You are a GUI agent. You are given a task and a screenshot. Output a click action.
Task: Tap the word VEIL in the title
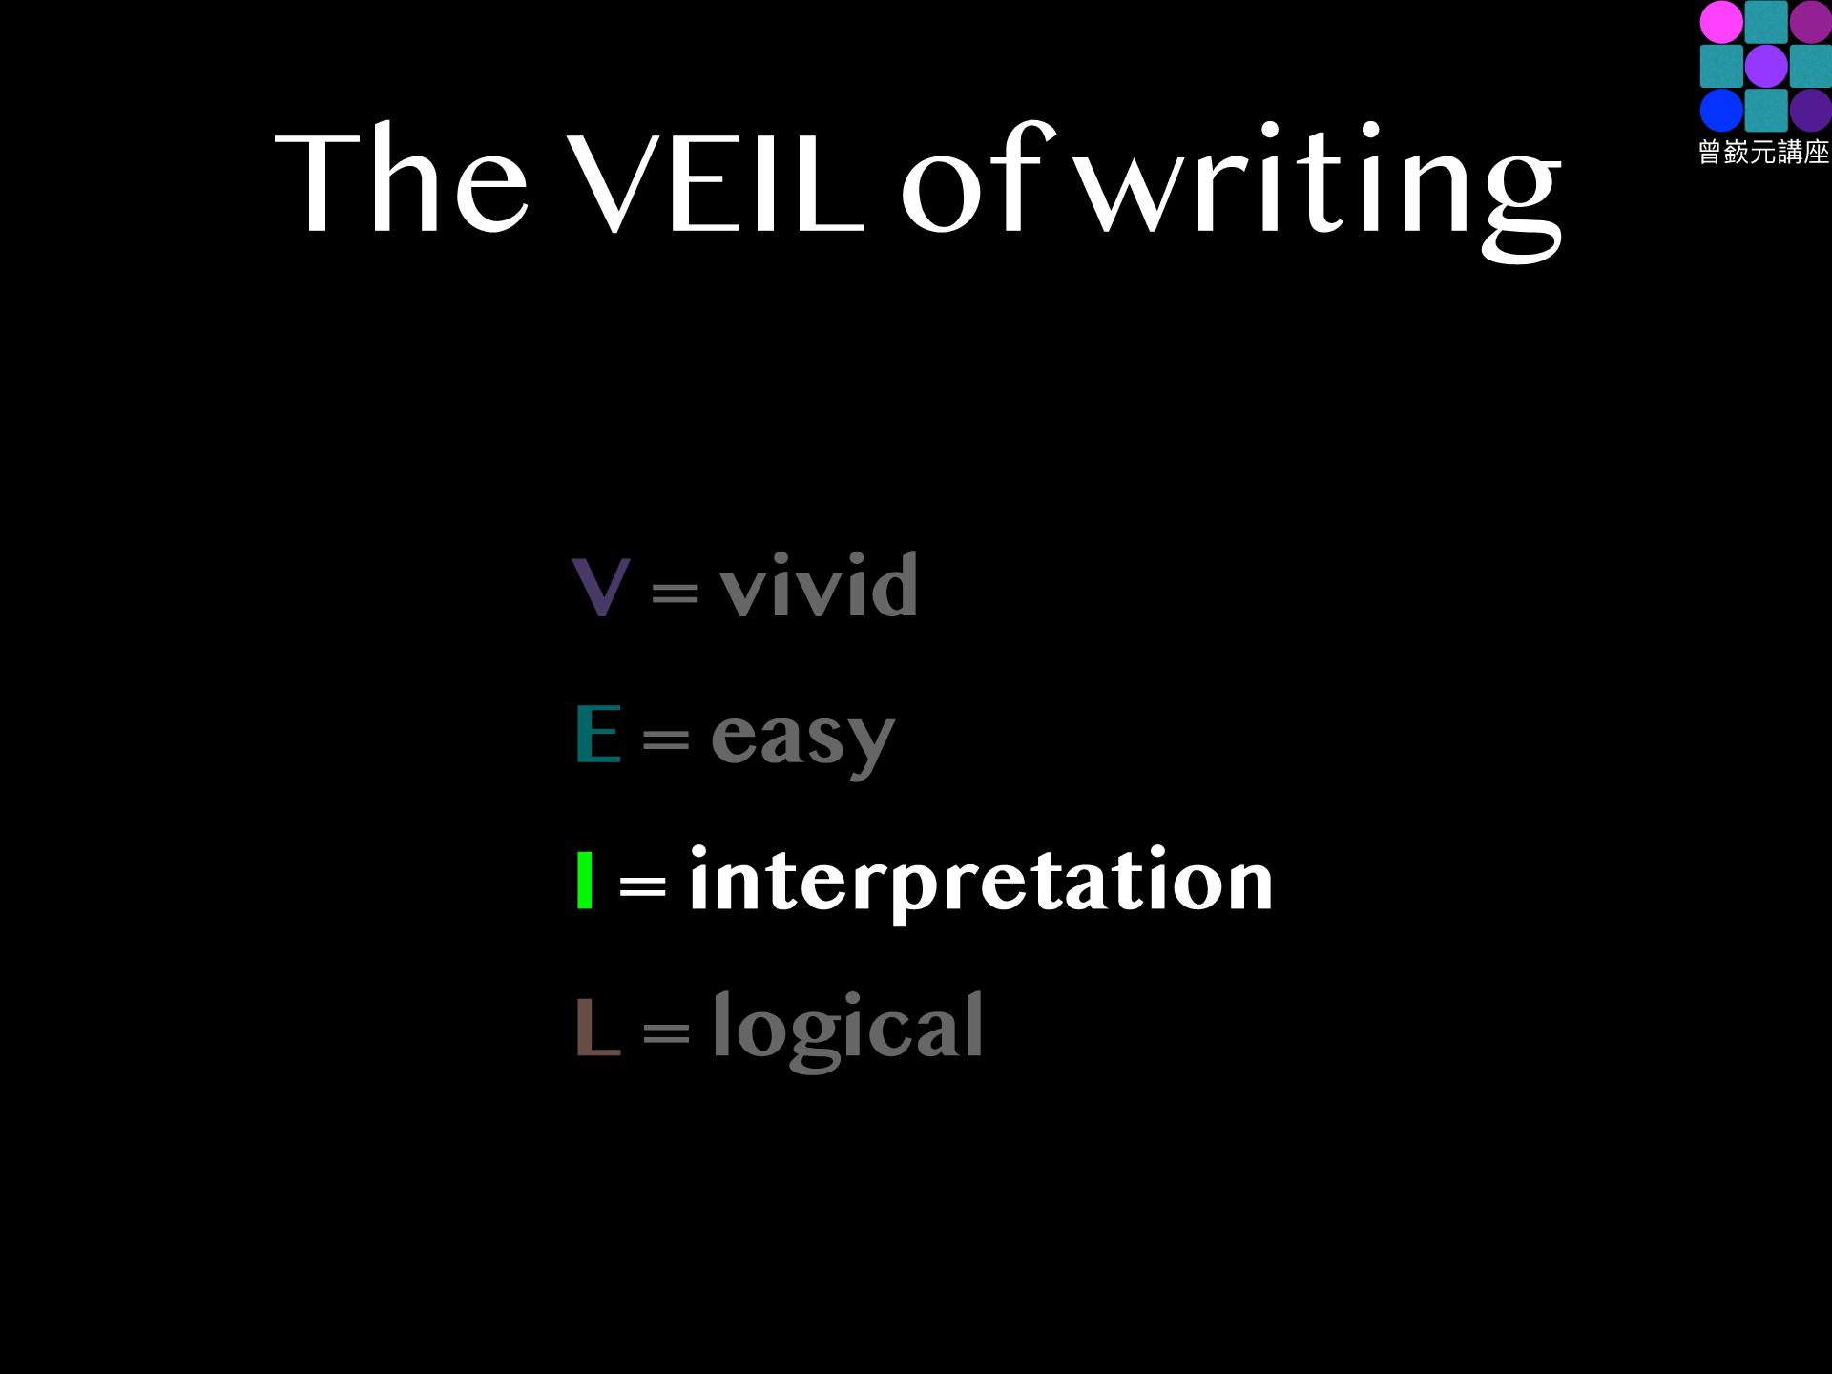[x=716, y=181]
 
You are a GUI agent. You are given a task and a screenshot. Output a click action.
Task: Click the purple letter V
[x=600, y=587]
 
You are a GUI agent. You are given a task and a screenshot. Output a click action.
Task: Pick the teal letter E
[x=598, y=733]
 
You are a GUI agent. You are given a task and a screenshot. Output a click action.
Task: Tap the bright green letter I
[x=585, y=880]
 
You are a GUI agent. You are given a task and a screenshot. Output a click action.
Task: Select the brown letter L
[x=598, y=1027]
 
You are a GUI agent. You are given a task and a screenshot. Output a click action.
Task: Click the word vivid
[x=819, y=584]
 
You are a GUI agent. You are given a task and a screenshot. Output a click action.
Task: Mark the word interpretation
[x=981, y=883]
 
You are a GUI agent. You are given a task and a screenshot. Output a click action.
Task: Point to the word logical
[x=847, y=1030]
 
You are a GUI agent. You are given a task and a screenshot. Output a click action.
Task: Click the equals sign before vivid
[x=675, y=592]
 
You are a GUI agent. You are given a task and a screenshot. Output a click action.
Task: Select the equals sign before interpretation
[x=642, y=885]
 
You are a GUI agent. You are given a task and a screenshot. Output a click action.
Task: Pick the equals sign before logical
[x=665, y=1031]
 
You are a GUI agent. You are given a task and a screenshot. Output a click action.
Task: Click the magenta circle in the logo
[x=1721, y=22]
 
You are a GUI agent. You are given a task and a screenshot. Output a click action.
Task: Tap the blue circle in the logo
[x=1721, y=110]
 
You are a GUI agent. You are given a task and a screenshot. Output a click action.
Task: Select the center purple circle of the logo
[x=1766, y=66]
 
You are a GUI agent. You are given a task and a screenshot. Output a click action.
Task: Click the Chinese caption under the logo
[x=1764, y=152]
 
